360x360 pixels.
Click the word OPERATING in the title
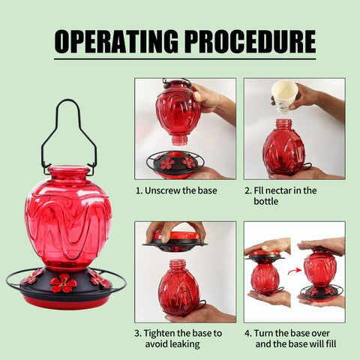click(x=116, y=41)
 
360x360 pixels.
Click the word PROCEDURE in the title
click(x=250, y=41)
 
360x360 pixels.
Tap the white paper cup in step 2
click(x=284, y=97)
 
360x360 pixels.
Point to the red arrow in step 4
click(x=295, y=271)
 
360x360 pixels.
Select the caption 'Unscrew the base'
click(x=181, y=190)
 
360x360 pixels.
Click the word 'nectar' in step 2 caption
click(x=277, y=190)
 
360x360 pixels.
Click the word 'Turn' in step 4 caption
click(x=263, y=333)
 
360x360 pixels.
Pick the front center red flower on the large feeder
click(x=64, y=283)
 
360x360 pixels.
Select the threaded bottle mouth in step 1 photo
click(x=179, y=140)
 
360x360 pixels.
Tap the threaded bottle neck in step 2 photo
click(x=283, y=124)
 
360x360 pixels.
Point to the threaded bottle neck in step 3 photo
click(x=178, y=265)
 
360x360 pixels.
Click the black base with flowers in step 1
click(x=175, y=164)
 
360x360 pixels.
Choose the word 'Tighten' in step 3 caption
click(x=159, y=334)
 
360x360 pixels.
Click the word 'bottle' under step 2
click(x=266, y=201)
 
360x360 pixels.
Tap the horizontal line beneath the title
click(x=185, y=59)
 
